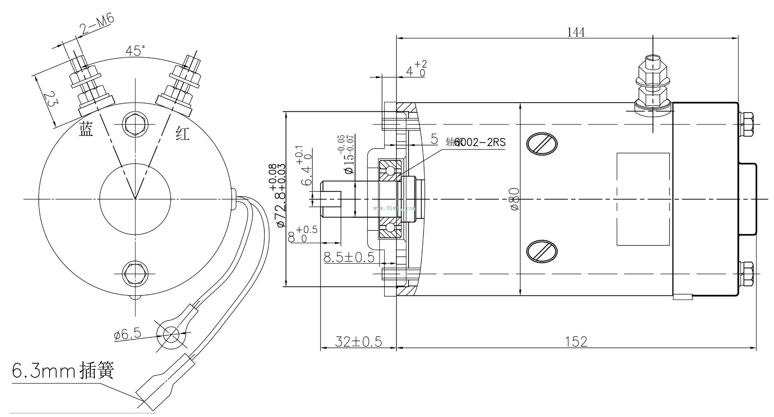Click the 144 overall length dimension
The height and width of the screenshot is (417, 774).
tap(575, 32)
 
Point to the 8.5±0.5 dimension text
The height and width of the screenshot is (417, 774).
tap(349, 257)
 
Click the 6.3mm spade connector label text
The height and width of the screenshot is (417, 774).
tap(63, 370)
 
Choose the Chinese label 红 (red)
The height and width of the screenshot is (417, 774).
tap(183, 133)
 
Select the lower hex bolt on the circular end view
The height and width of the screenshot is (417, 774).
tap(135, 273)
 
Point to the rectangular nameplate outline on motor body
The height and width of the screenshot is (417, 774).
tap(643, 199)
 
